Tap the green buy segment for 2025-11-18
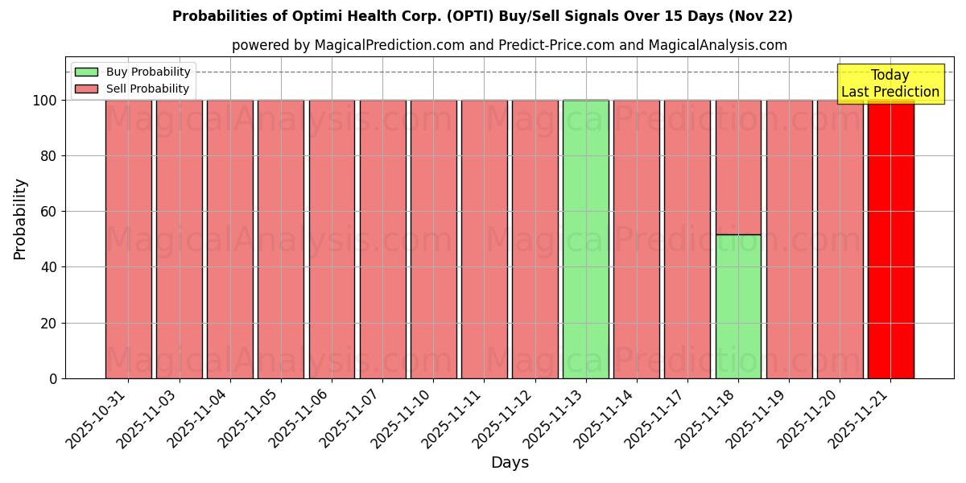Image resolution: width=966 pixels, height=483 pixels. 738,306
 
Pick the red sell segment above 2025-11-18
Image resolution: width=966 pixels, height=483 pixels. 738,167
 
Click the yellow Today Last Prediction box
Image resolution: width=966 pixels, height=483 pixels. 890,84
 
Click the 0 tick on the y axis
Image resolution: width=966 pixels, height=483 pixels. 53,378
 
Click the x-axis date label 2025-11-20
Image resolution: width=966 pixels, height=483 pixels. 810,419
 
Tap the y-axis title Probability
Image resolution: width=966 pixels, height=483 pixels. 20,219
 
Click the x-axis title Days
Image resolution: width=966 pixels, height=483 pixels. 510,463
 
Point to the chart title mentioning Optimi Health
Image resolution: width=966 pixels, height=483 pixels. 482,16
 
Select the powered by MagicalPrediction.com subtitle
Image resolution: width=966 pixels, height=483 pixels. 510,45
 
